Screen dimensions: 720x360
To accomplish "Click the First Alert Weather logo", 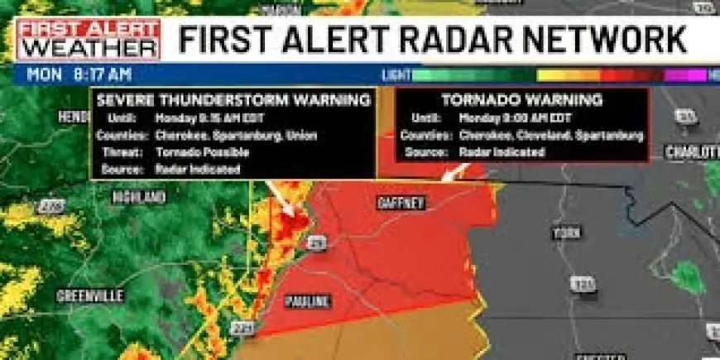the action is pos(89,40).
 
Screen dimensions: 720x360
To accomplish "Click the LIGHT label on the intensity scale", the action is pos(396,74).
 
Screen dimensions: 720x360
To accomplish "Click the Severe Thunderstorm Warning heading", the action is pos(233,100).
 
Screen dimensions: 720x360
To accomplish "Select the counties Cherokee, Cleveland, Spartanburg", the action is pos(550,135).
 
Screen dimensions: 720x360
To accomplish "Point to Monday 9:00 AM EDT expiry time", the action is pos(514,118).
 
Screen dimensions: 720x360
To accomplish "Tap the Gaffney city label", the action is pos(401,202).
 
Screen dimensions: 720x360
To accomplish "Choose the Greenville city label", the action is pos(90,295).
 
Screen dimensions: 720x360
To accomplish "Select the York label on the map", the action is pos(568,233).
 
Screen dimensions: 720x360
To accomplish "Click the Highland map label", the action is pos(140,197).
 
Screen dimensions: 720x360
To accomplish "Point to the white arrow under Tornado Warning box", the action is pos(454,171).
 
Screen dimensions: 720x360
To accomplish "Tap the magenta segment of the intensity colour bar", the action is pos(686,74).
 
